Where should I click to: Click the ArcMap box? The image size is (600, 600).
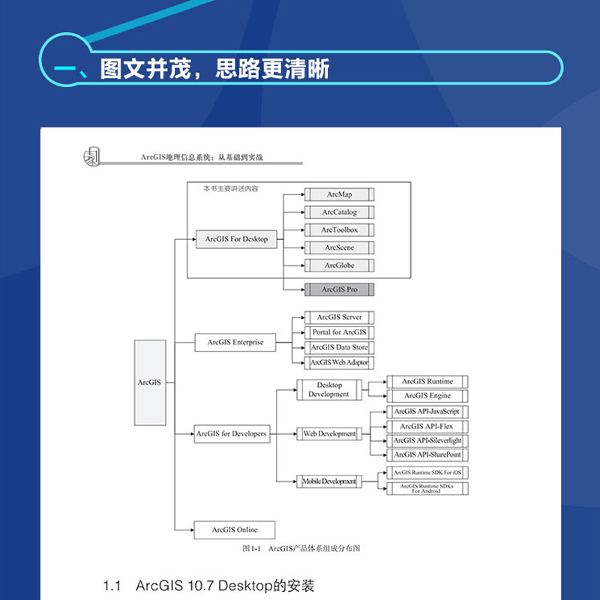pos(339,195)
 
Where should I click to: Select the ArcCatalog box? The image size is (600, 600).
pos(339,212)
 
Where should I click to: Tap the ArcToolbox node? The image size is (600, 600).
pos(339,230)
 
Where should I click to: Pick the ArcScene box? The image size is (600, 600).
pos(339,247)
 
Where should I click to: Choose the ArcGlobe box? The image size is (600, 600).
pos(339,265)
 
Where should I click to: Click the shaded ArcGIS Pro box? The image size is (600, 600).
pos(339,289)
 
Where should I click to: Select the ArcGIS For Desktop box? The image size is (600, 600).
pos(236,239)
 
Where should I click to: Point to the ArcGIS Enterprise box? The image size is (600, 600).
pos(235,343)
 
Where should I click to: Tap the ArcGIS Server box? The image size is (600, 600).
pos(339,317)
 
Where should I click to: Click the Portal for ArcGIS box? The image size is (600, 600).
pos(339,332)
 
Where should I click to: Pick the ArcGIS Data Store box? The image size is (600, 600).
pos(339,347)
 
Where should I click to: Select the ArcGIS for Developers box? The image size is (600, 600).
pos(231,434)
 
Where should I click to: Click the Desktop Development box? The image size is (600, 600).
pos(328,390)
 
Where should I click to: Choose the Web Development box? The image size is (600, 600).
pos(328,434)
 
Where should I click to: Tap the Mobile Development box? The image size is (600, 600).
pos(328,481)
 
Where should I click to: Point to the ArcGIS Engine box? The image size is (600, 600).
pos(427,396)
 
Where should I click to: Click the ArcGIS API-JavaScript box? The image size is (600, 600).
pos(427,412)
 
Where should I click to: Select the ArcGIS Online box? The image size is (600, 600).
pos(234,529)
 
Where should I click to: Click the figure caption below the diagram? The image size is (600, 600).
pos(301,549)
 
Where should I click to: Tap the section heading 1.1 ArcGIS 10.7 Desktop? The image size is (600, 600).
pos(209,585)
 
